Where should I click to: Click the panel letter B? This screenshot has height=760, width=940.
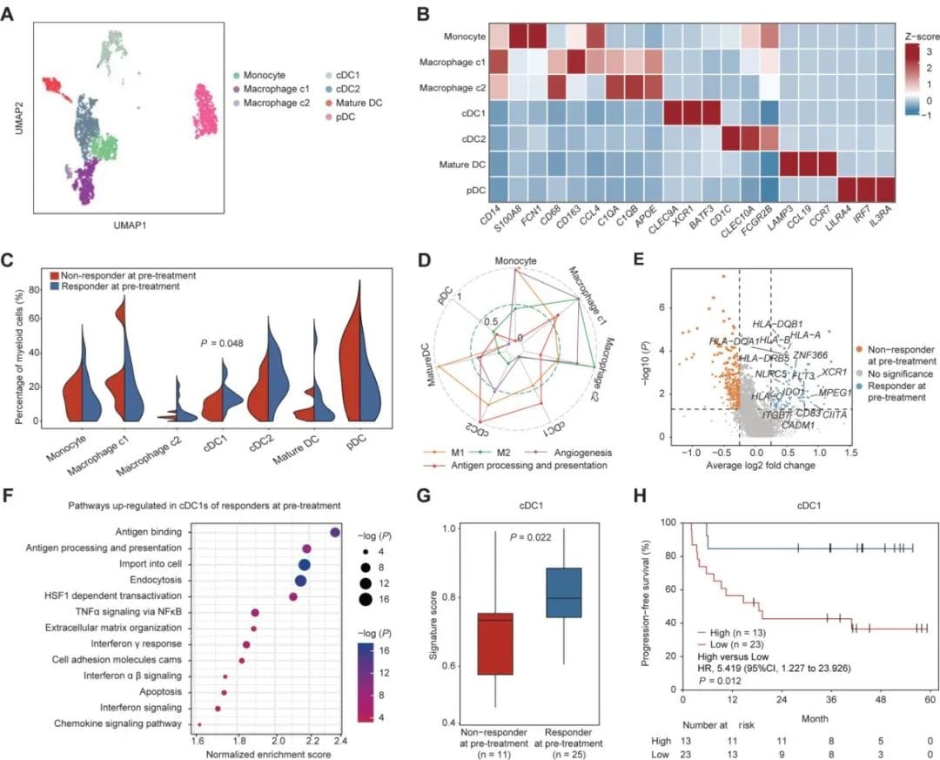pos(425,14)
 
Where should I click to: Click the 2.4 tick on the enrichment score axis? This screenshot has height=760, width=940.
pos(338,740)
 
